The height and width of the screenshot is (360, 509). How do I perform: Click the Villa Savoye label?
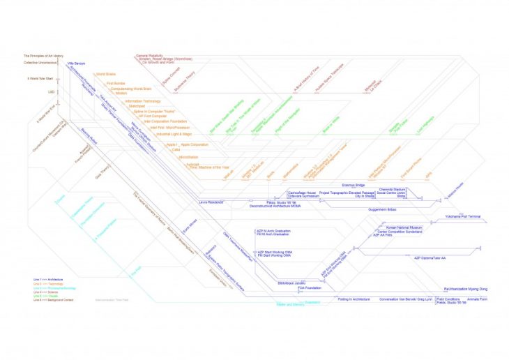[x=76, y=63]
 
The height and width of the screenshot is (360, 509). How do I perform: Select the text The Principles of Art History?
[x=44, y=56]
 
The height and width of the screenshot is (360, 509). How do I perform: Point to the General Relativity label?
[x=151, y=54]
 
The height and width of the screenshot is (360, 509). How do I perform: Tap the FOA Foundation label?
[x=309, y=287]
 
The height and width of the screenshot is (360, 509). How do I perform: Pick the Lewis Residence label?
[x=212, y=201]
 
